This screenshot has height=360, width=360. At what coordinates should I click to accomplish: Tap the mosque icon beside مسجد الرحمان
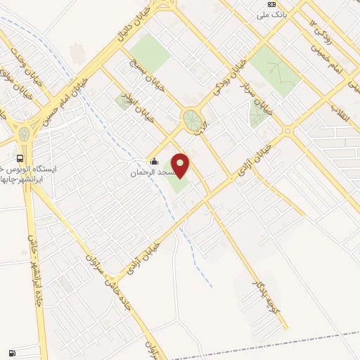tap(154, 162)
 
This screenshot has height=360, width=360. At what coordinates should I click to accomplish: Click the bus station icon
tap(20, 158)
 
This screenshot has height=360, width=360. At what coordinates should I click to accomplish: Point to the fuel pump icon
tap(12, 353)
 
